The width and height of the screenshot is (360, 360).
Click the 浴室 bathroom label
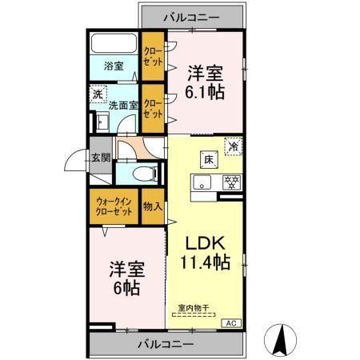coord(113,66)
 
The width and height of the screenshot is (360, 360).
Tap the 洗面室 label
coord(123,105)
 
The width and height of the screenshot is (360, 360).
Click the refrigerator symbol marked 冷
coord(233,146)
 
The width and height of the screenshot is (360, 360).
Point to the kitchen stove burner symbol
coord(232,181)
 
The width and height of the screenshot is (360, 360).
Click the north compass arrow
coord(282,338)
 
